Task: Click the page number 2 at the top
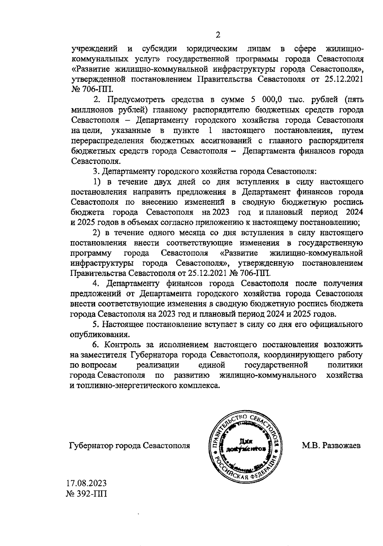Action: click(218, 35)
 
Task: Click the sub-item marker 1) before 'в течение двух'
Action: click(97, 182)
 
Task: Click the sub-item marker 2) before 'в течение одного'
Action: click(97, 233)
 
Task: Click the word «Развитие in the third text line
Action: click(90, 69)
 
